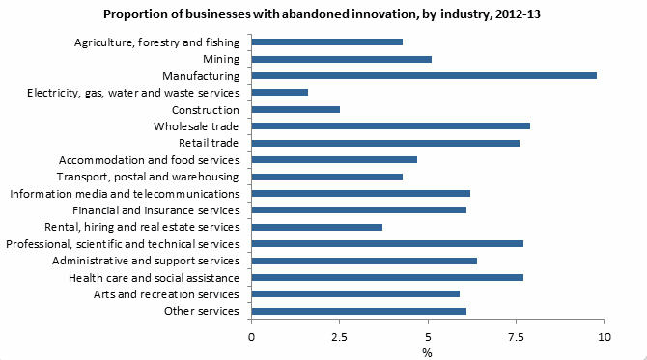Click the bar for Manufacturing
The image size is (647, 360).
tap(424, 75)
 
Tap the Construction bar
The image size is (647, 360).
tap(295, 109)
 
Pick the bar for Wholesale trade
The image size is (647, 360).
tap(391, 126)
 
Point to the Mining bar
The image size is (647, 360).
tap(342, 59)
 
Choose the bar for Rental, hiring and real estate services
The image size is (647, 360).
tap(317, 227)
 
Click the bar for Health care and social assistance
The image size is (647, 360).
tap(387, 277)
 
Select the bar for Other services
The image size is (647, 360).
tap(359, 311)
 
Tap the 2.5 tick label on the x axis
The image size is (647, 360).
tap(340, 337)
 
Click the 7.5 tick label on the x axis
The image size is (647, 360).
tap(517, 337)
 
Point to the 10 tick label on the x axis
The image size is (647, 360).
tap(605, 337)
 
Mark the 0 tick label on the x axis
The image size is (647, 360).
tap(252, 337)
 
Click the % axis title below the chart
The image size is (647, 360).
tap(428, 351)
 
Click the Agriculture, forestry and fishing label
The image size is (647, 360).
tap(155, 42)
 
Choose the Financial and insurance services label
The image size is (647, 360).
tap(155, 210)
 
